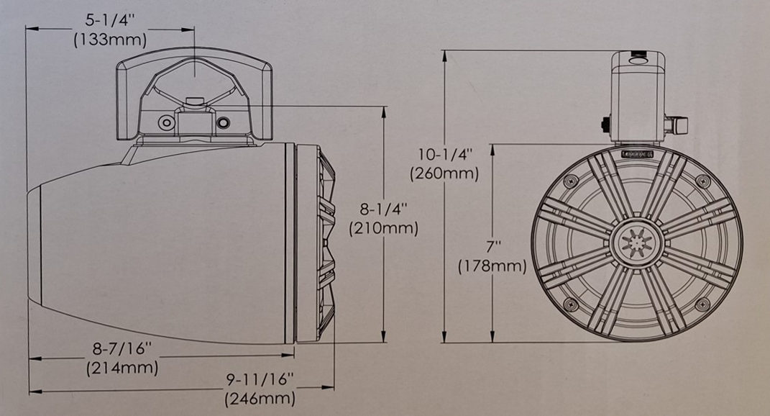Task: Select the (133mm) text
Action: coord(110,40)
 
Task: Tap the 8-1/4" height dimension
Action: coord(383,210)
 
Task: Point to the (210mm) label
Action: coord(383,229)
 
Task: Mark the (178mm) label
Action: coord(493,266)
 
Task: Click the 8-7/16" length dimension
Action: coord(122,350)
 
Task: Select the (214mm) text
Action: coord(122,368)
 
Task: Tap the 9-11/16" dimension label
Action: coord(260,379)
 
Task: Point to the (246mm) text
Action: coord(260,397)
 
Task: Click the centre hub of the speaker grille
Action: coord(636,242)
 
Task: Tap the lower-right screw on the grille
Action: coord(702,304)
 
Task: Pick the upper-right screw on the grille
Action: coord(702,180)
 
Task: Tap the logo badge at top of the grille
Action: coord(636,153)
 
